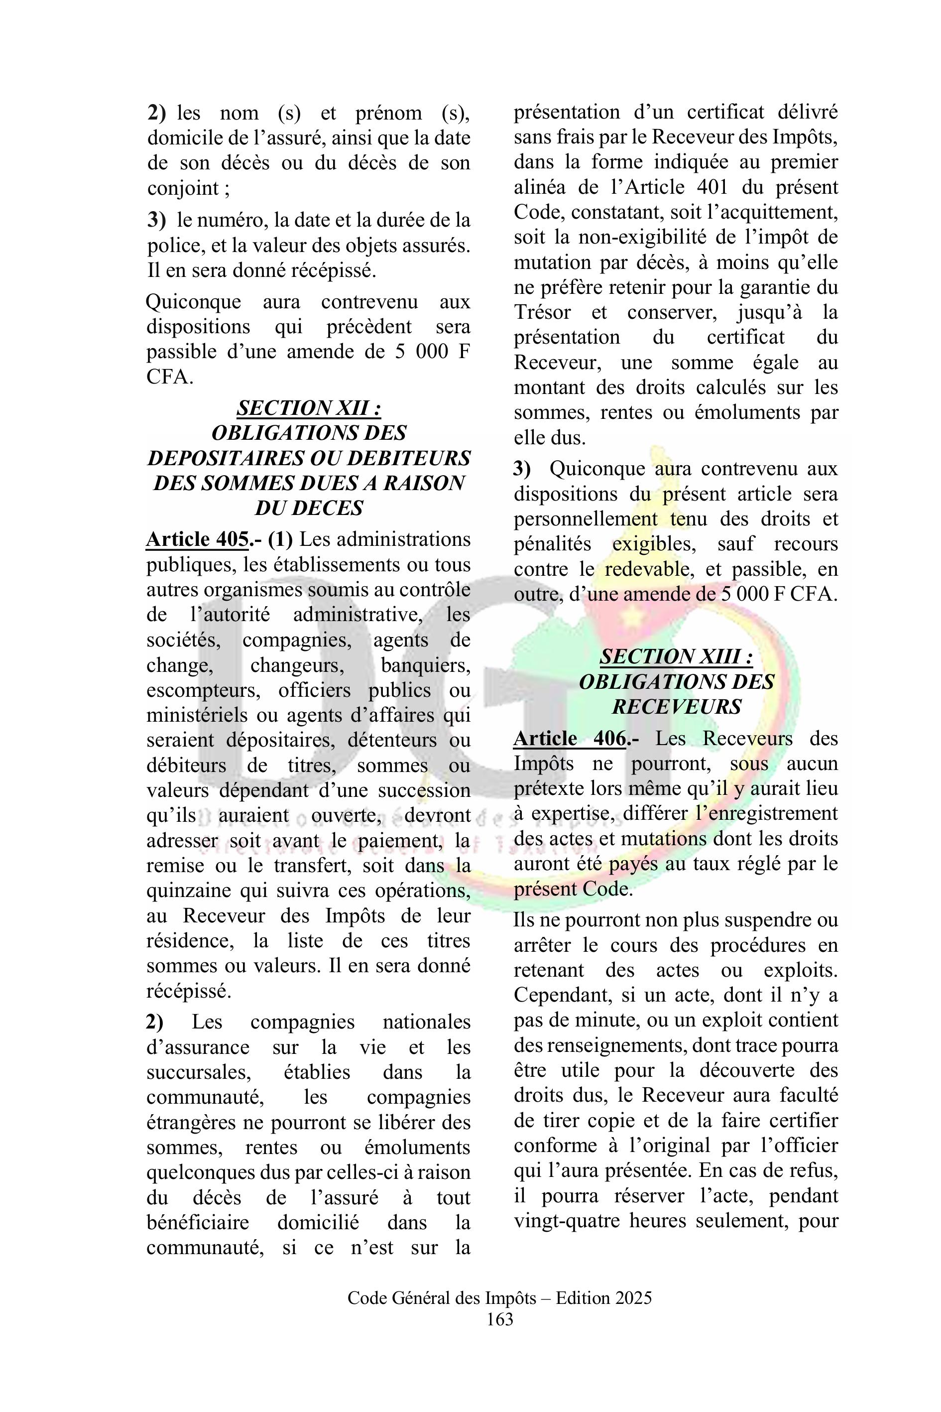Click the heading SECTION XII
[309, 408]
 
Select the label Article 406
[570, 739]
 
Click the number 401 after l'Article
[712, 187]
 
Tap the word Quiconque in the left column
[193, 301]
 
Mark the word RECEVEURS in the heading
[676, 707]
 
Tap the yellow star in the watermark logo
[631, 614]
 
